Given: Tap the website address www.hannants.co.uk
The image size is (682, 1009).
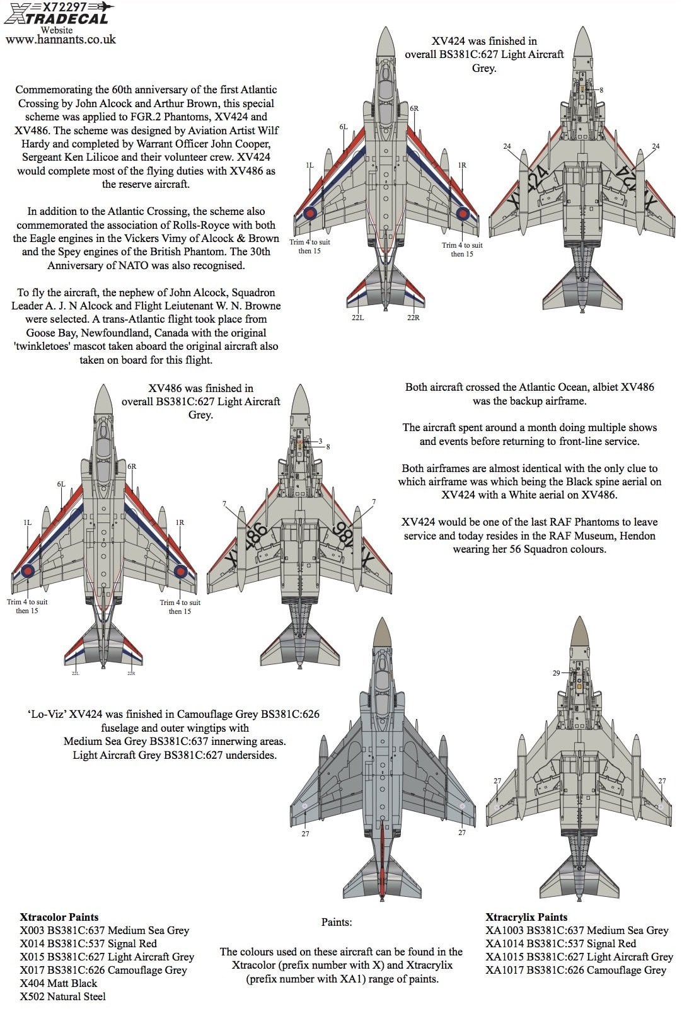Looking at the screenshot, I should [61, 39].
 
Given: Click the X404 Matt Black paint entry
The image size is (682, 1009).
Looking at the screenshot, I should [59, 983].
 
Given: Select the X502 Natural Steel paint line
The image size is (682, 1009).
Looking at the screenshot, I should [63, 996].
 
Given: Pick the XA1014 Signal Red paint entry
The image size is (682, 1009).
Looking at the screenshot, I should [560, 943].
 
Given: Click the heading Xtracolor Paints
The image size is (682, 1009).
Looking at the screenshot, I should [59, 917].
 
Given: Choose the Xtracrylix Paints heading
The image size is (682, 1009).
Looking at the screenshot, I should [526, 917].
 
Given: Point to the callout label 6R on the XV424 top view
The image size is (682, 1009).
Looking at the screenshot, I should [414, 108].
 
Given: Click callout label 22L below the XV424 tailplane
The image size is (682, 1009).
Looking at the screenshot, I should [357, 318].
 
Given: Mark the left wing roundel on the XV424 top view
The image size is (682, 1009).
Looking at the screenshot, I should [311, 213].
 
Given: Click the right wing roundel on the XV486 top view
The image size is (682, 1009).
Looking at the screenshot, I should [181, 571].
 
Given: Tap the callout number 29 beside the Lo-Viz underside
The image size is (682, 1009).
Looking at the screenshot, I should [556, 673].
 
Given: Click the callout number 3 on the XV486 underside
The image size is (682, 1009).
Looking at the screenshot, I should [320, 441].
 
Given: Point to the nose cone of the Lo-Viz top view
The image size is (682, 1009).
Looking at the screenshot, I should [381, 633].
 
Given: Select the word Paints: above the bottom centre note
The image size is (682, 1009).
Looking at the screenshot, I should [337, 922].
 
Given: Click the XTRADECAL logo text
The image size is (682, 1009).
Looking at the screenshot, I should [57, 19].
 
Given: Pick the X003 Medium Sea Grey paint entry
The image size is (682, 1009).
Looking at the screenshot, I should [104, 930].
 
